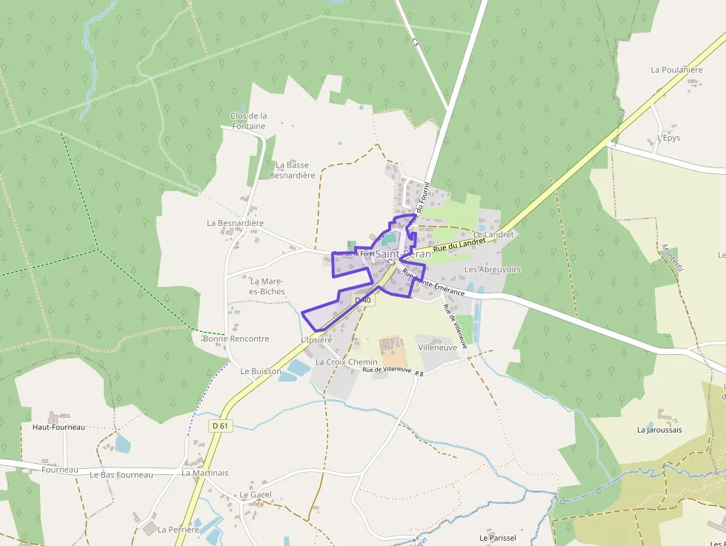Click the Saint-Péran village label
[403, 254]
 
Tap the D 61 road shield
[220, 426]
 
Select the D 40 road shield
[362, 300]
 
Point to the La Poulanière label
[676, 70]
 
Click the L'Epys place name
[668, 138]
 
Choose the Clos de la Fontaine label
[249, 121]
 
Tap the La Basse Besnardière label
[292, 170]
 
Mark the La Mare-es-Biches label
[267, 286]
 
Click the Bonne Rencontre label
[236, 339]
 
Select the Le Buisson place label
[261, 370]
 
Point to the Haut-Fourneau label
[59, 427]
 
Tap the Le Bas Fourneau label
[121, 474]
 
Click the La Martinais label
[205, 473]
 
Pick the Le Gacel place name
[256, 494]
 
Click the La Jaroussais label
[659, 430]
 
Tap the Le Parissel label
[497, 537]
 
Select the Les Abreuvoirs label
[492, 269]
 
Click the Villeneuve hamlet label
[437, 347]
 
